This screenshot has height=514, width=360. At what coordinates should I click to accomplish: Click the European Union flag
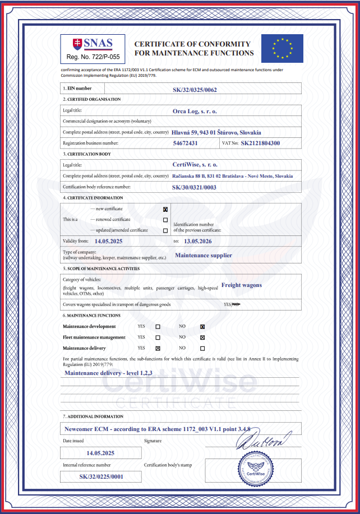282,48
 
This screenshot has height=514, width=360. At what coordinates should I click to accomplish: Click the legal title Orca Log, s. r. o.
195,111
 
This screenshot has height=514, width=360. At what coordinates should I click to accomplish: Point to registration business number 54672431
186,143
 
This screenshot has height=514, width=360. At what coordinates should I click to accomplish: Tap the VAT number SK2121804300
260,143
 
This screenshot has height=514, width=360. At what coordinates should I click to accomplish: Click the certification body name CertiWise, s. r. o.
195,165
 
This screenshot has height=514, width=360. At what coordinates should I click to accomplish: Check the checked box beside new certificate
165,209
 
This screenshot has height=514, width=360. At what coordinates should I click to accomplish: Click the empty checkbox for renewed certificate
165,220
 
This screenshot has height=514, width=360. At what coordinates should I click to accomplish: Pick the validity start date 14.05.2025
108,240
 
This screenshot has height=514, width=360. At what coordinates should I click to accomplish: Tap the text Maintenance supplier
204,255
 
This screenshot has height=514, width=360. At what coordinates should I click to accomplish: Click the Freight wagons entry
242,285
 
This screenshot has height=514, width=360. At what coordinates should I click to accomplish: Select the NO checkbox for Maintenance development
202,327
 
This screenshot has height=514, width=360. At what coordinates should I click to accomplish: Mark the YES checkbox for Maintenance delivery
158,348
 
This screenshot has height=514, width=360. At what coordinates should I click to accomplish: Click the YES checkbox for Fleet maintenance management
158,337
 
